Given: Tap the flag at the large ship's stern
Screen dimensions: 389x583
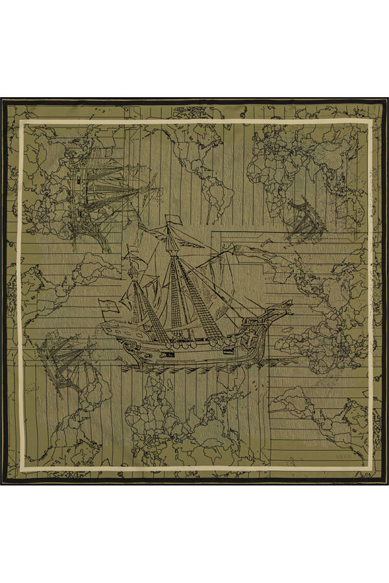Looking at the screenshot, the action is (108, 306).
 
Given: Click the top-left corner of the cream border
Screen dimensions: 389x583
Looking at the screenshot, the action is (21, 121).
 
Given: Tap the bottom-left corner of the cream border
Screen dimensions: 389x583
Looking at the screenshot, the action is (21, 468).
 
